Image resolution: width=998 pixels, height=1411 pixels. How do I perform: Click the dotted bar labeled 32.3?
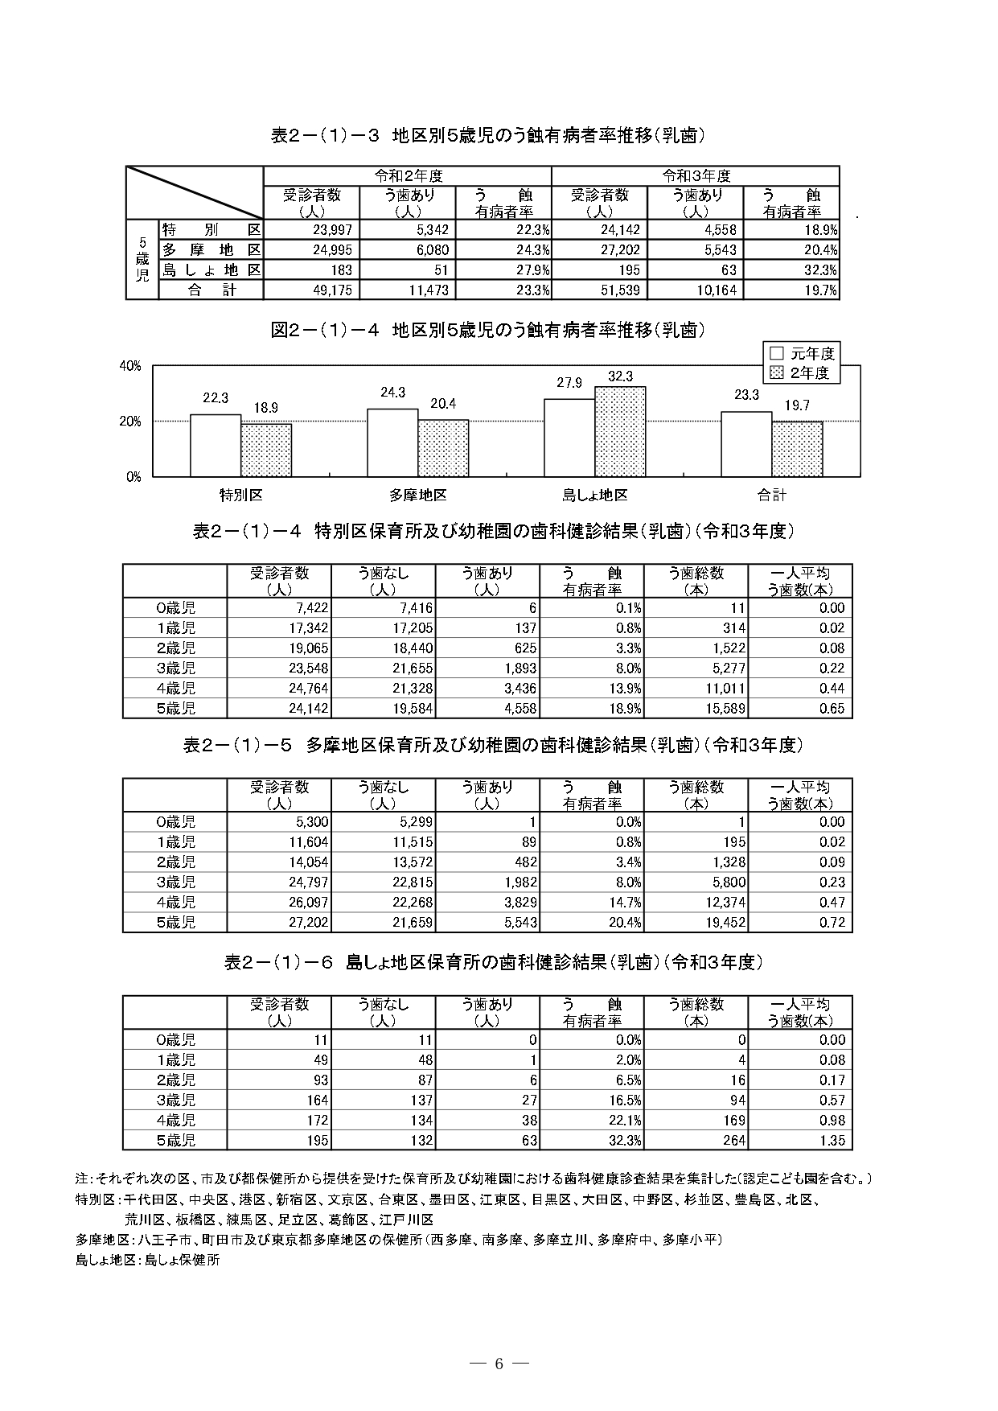620,431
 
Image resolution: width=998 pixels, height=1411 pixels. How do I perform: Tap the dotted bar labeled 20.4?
443,447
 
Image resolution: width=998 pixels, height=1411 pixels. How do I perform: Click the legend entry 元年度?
802,353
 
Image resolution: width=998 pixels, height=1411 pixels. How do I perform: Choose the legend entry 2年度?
802,373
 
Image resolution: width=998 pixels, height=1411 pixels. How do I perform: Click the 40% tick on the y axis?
130,366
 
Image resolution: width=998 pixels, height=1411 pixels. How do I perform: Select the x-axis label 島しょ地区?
594,496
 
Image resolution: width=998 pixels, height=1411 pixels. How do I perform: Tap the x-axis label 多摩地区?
417,496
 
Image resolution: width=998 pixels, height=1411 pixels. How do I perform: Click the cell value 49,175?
331,290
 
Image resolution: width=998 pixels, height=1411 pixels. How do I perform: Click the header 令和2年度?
408,175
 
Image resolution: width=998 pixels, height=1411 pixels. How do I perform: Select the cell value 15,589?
725,709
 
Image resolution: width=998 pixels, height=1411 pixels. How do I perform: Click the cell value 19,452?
725,923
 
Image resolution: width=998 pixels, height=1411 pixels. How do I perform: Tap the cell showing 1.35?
832,1140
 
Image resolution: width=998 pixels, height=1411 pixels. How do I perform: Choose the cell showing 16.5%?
623,1100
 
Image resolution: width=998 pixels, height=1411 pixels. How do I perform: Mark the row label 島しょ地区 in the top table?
212,270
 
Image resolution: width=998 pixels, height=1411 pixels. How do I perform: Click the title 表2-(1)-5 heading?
493,746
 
